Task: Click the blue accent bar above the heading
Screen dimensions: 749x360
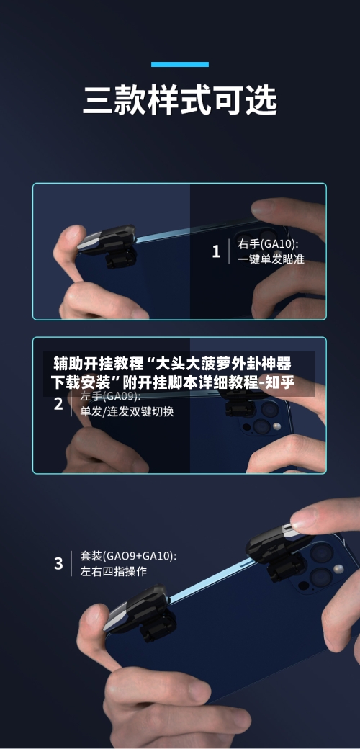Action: tap(179, 64)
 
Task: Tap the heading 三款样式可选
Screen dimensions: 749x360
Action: tap(179, 100)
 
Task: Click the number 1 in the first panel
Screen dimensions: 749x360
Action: tap(216, 252)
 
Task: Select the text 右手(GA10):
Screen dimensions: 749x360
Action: tap(269, 244)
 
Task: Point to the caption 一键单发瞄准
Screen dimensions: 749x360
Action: tap(271, 260)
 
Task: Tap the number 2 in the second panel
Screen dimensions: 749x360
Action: tap(58, 404)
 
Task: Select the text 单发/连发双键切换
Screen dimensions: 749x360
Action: tap(127, 412)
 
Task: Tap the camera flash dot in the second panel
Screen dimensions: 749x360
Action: tap(277, 428)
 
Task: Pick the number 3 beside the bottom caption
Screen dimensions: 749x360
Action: tap(58, 563)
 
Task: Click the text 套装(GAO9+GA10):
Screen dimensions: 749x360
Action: tap(128, 556)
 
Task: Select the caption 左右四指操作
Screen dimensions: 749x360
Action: tap(113, 571)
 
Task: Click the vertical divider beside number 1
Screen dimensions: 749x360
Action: tap(229, 252)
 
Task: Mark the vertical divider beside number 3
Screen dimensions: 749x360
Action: tap(71, 563)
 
